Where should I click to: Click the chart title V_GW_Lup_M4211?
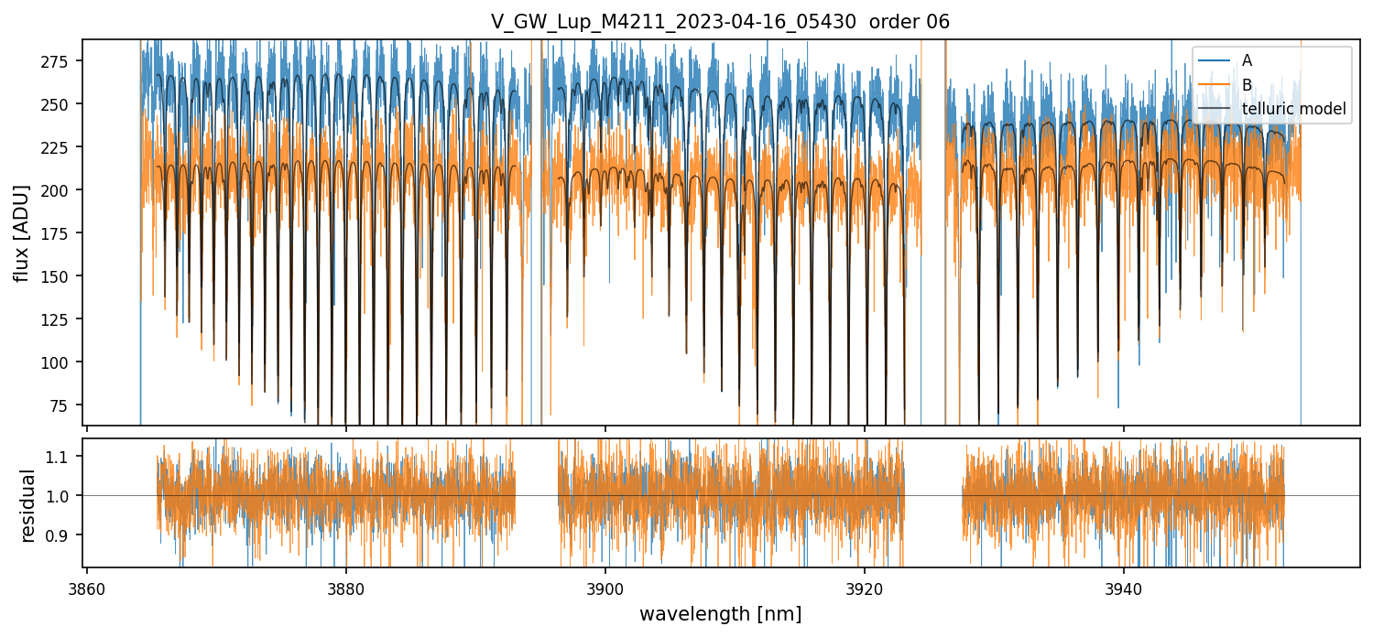[720, 22]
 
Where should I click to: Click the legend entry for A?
[1247, 60]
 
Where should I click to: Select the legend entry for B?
[1247, 85]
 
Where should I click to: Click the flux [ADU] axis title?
[21, 232]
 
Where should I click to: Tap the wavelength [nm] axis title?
[720, 613]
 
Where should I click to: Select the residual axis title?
[28, 504]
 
